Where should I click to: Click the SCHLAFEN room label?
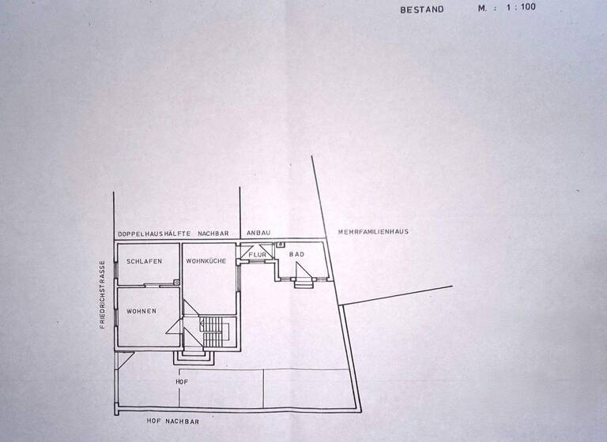point(144,260)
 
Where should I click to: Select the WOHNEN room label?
point(141,311)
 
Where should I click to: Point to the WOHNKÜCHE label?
point(207,260)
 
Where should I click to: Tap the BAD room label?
point(296,254)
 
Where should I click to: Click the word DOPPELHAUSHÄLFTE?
point(155,234)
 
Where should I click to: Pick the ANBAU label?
point(258,233)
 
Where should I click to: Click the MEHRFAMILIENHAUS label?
point(372,231)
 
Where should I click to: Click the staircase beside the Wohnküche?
point(215,331)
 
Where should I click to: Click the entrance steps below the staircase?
point(194,357)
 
